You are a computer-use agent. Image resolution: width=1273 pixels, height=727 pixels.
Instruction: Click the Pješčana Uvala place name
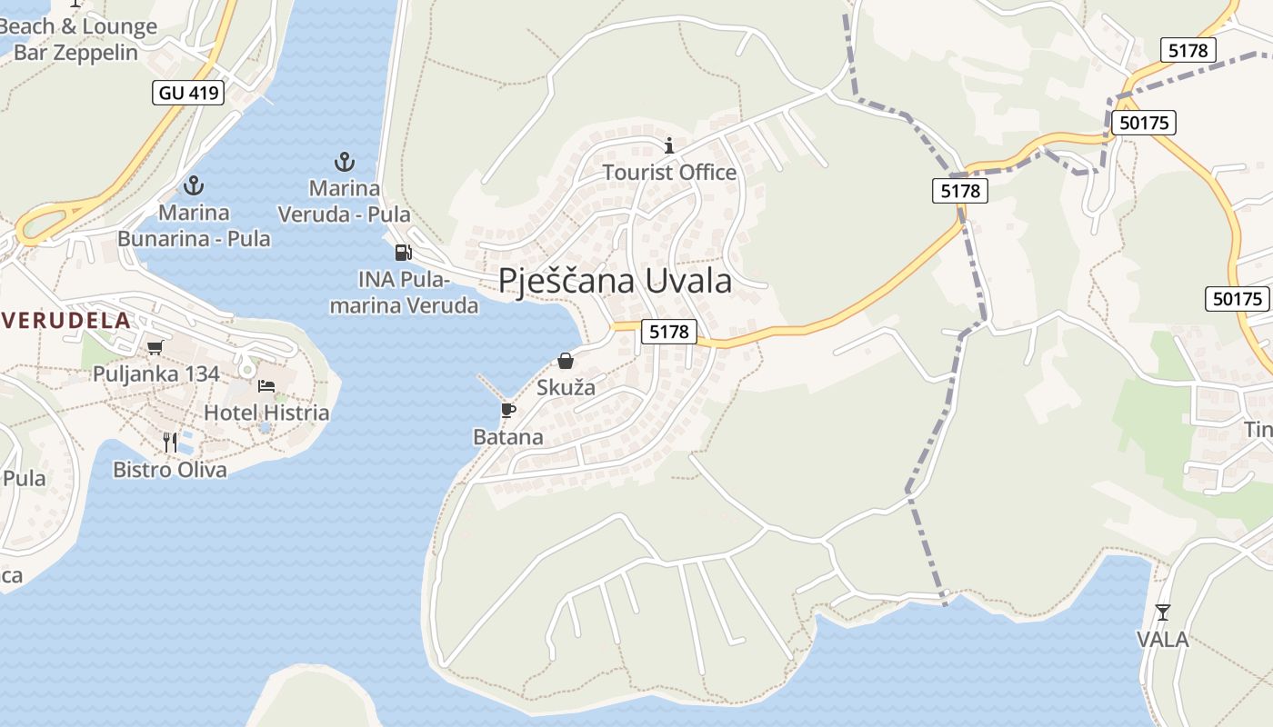615,281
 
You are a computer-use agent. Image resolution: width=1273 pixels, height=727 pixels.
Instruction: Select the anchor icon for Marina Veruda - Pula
344,163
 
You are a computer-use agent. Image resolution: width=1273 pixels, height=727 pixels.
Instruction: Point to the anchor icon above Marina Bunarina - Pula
193,186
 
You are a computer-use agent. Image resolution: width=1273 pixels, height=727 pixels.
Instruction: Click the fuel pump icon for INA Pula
403,253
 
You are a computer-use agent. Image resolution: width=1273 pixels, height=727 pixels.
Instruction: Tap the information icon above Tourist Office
669,145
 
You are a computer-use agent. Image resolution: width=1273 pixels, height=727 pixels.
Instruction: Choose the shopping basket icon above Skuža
566,361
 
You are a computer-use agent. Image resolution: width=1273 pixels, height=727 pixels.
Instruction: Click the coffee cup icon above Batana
508,411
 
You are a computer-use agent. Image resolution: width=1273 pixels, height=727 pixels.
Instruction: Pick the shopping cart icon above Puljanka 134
155,347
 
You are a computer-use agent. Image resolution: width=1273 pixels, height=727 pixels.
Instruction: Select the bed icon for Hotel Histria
266,386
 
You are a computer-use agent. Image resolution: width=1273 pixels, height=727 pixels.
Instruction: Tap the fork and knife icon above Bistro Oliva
170,443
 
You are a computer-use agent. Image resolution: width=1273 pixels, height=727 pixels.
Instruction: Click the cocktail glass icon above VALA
1162,612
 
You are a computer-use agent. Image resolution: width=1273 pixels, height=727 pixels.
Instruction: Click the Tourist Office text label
669,172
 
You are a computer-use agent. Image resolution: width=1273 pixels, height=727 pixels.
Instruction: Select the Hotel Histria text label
266,413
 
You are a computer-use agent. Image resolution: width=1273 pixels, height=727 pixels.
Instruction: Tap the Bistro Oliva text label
170,470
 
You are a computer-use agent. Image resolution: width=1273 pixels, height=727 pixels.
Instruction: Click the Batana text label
508,437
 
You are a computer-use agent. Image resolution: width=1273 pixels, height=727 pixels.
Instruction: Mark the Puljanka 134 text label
155,373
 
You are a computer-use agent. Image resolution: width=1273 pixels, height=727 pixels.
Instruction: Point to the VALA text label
1162,639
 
